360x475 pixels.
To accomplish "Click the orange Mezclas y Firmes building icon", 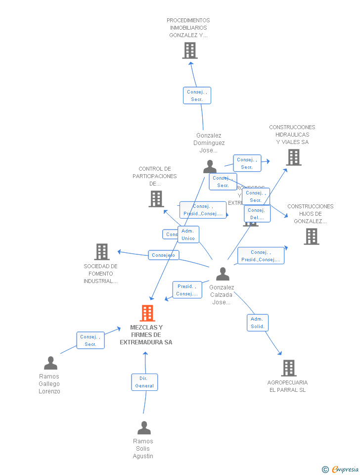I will coord(147,313).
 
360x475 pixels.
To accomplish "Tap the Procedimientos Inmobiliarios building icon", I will coord(189,50).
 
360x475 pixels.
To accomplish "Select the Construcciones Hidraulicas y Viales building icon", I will coord(293,157).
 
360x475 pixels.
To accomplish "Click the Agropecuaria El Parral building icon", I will coord(289,368).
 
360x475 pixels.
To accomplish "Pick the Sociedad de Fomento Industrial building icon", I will coord(101,252).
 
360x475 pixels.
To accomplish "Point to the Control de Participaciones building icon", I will coord(156,199).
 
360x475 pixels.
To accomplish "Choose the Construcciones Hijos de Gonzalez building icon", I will coord(311,237).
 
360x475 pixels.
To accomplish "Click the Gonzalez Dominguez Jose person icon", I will coord(210,167).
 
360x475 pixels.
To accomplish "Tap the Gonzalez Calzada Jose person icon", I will coord(223,274).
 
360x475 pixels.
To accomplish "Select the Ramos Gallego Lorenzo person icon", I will coord(50,363).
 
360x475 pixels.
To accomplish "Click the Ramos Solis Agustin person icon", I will coord(144,428).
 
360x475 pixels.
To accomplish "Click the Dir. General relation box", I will coord(144,382).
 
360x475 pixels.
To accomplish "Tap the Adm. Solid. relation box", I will coord(258,323).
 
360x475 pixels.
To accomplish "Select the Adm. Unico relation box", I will coord(188,235).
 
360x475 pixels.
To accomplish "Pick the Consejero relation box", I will coord(163,255).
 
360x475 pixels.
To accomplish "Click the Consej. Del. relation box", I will coord(257,214).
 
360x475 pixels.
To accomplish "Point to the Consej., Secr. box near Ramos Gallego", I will coord(90,340).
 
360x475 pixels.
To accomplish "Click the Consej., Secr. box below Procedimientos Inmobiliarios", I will coord(197,95).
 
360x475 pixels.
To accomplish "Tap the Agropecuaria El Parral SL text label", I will coord(287,386).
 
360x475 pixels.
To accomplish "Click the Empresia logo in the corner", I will coord(341,469).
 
